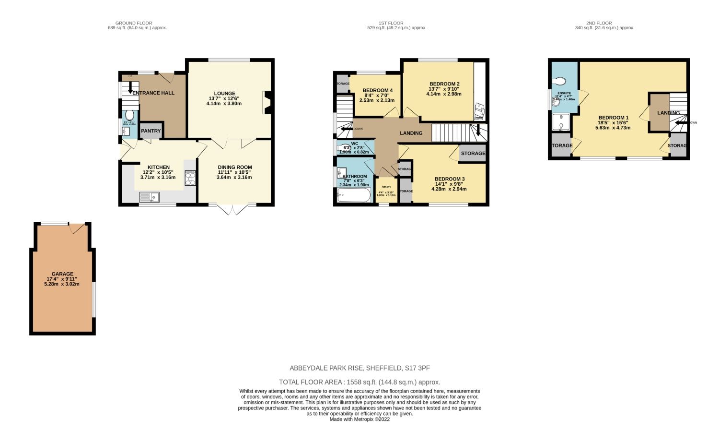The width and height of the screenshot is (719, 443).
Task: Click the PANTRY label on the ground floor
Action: (x=151, y=131)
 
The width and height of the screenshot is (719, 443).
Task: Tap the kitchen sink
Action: (x=150, y=197)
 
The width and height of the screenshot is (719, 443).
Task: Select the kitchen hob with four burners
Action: (x=190, y=178)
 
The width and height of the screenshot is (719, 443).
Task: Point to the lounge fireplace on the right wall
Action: (x=267, y=103)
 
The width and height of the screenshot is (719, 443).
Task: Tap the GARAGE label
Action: (x=62, y=274)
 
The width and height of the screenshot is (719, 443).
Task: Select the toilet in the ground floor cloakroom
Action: (x=129, y=116)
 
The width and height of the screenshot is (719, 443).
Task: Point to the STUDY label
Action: (x=386, y=187)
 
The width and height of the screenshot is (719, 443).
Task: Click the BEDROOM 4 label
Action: (x=377, y=90)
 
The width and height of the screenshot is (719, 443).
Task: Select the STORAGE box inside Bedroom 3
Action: (x=473, y=154)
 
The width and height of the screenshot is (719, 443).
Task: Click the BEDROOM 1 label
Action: (x=613, y=118)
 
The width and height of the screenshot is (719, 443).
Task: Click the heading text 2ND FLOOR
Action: (x=599, y=23)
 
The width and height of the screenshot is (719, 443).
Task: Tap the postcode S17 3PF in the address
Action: (x=417, y=368)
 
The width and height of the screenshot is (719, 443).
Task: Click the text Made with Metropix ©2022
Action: (x=359, y=419)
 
